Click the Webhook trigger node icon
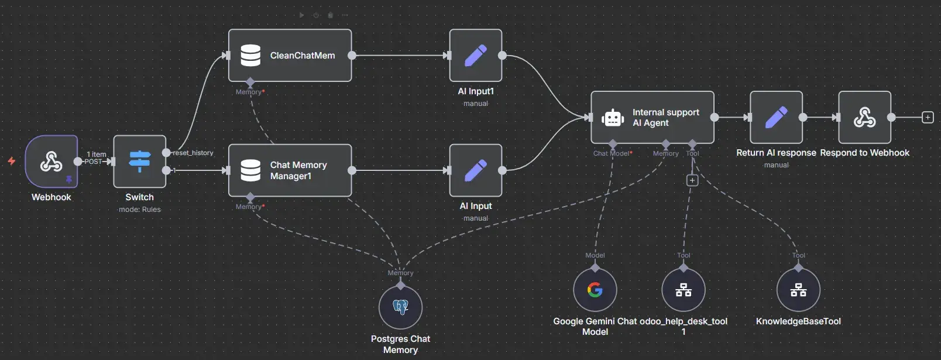pos(51,162)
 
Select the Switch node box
pos(139,162)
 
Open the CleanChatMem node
pos(290,56)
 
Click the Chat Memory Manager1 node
pos(290,170)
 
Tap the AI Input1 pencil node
pos(475,56)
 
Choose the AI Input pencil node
pos(475,170)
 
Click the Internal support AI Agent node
pos(652,118)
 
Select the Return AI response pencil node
pos(776,118)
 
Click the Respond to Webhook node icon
pos(864,118)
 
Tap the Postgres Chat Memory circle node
pos(400,307)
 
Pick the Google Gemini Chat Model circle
pos(595,290)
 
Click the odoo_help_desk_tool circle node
pos(684,290)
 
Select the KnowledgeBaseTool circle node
pos(798,290)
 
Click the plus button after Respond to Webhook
pos(928,118)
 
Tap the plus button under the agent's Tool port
pos(692,180)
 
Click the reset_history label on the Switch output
pos(193,153)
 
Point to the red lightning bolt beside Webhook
pos(11,161)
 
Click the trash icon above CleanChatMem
pos(330,15)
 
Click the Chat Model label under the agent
pos(612,153)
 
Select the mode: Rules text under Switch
pos(139,210)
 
